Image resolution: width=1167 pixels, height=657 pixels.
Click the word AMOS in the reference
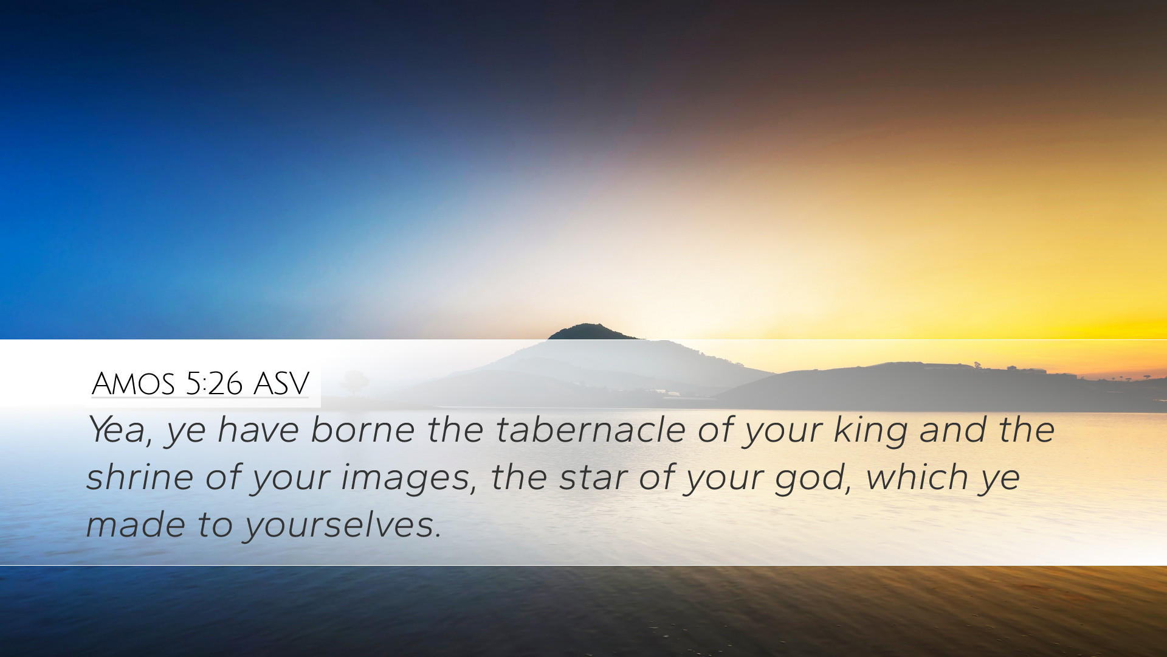[x=133, y=383]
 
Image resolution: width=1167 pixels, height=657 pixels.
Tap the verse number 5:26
[x=215, y=383]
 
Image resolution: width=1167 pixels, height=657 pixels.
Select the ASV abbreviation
[x=281, y=383]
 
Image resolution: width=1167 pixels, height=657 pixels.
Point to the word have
[x=258, y=430]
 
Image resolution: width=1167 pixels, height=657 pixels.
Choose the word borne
[x=363, y=429]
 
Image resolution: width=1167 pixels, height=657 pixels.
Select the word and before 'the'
[x=953, y=429]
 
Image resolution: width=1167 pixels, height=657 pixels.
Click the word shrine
[x=140, y=476]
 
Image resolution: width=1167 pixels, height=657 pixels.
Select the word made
[x=136, y=524]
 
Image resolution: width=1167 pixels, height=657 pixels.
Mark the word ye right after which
[x=1000, y=480]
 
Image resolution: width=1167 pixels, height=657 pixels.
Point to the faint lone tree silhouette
[x=355, y=382]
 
